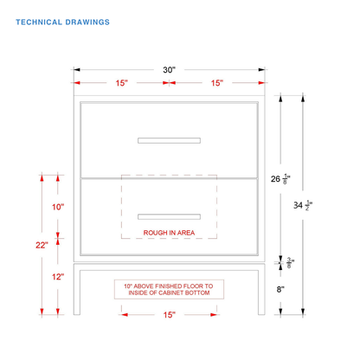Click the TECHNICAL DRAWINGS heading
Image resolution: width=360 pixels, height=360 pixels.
tap(62, 22)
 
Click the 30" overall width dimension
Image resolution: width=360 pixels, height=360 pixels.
tap(169, 70)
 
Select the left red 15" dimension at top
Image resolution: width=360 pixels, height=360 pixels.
tap(121, 83)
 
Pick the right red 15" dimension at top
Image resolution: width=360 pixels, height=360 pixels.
tap(217, 83)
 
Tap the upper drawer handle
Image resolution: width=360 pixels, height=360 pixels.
tap(169, 140)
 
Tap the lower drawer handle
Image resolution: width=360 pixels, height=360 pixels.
tap(169, 216)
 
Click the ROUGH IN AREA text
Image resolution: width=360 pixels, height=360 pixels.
tap(169, 233)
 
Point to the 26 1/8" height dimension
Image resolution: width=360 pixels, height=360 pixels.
tap(280, 179)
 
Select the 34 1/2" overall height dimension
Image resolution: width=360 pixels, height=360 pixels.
tap(303, 205)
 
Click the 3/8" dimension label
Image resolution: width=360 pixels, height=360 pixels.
tap(290, 263)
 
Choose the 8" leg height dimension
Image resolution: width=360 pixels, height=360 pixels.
tap(280, 289)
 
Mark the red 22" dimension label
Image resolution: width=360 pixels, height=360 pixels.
tap(42, 245)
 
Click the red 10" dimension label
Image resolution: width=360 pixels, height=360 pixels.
tap(58, 207)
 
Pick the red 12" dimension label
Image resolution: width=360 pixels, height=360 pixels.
tap(58, 277)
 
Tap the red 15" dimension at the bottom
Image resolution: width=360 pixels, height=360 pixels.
tap(169, 315)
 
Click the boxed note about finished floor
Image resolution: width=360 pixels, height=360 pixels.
tap(169, 289)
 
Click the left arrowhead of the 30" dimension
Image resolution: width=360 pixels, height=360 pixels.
tap(77, 69)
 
